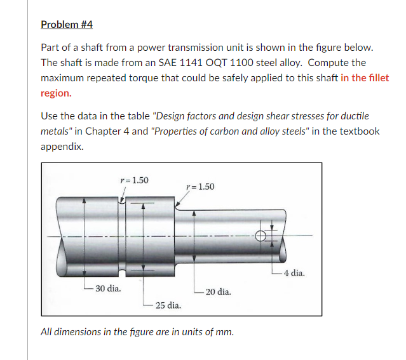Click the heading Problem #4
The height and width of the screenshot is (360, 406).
[67, 24]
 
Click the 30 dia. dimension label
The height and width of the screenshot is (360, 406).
[108, 288]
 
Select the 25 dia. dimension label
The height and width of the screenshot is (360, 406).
[168, 305]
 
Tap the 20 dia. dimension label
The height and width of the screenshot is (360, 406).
[218, 292]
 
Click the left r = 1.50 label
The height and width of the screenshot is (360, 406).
[134, 180]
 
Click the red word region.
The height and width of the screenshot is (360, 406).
[56, 93]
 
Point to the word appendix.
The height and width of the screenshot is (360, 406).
[62, 146]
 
